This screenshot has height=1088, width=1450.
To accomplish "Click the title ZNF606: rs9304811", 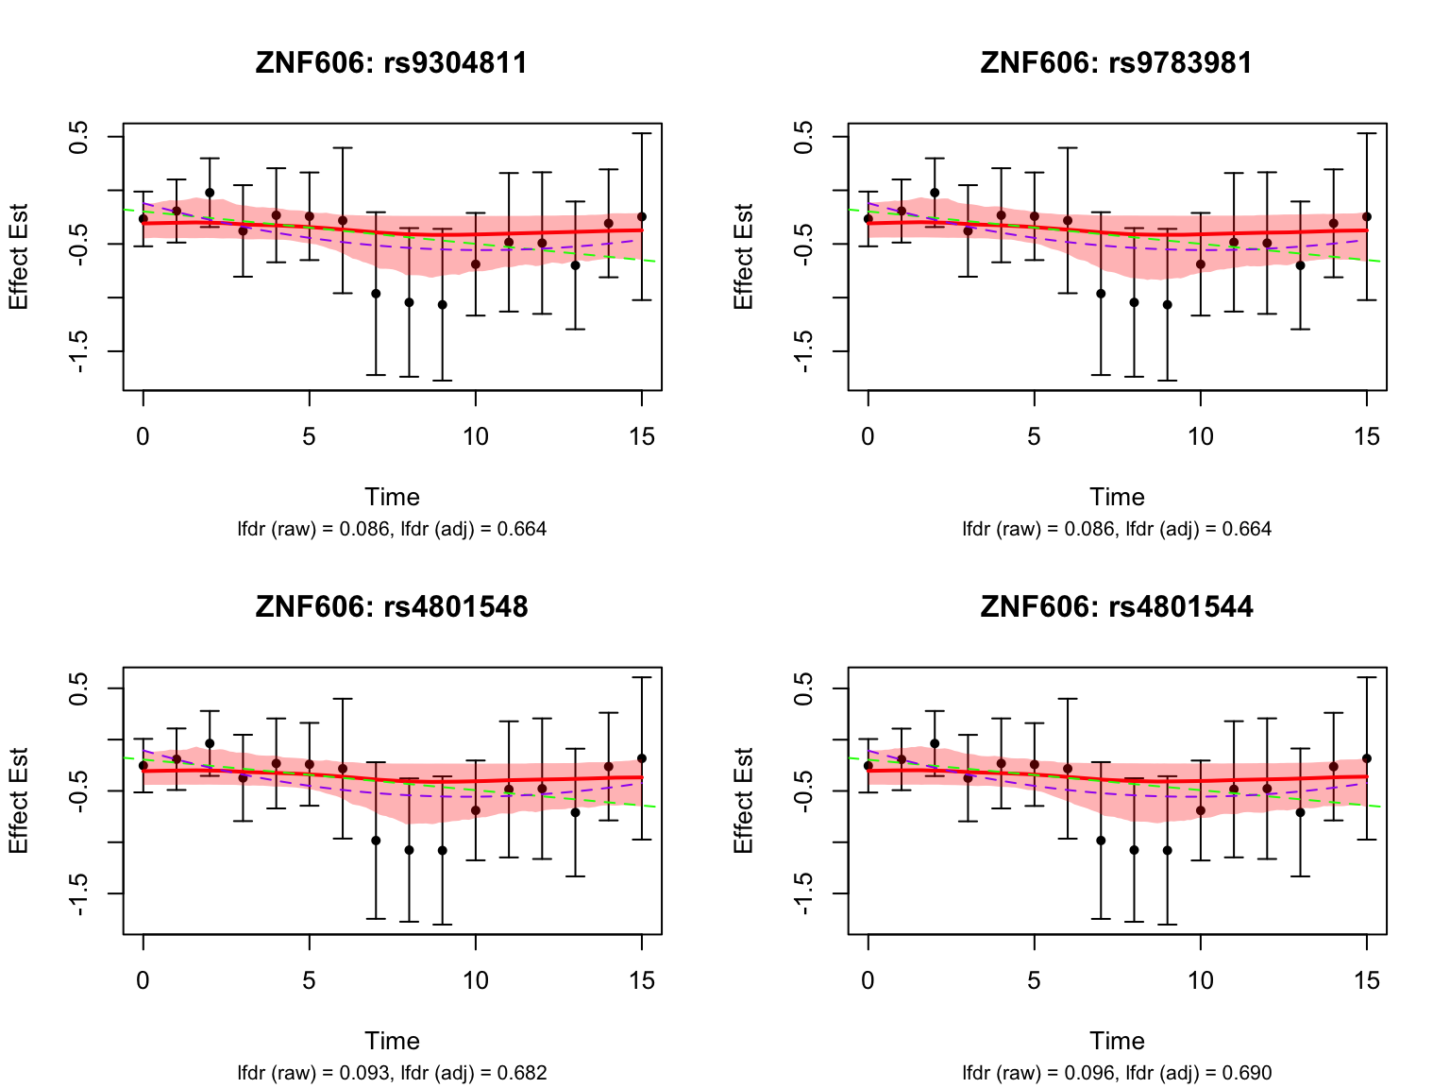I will [x=392, y=63].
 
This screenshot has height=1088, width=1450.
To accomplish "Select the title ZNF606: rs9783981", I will [x=1117, y=63].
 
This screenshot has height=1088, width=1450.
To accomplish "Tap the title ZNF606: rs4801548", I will [x=392, y=606].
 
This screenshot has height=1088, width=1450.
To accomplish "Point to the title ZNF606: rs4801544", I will [x=1117, y=606].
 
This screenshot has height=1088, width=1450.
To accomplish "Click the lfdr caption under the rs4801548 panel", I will [x=392, y=1073].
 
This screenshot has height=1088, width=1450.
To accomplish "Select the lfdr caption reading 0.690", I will [x=1117, y=1073].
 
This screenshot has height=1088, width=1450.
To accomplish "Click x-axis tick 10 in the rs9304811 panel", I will [x=475, y=436].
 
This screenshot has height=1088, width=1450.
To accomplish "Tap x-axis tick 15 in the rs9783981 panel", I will [x=1366, y=436].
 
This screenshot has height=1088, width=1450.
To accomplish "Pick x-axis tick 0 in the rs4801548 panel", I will [x=143, y=980].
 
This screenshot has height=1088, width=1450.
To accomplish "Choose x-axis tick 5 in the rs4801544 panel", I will [x=1034, y=980].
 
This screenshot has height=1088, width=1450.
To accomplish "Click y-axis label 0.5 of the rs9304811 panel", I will [x=80, y=137].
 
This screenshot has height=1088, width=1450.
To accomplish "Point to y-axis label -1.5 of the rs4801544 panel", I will [x=804, y=892].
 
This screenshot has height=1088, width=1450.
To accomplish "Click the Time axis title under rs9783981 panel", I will [x=1117, y=497].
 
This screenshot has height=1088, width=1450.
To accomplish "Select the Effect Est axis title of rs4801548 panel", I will [x=20, y=801].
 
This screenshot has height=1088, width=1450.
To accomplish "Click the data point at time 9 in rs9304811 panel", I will [x=442, y=305].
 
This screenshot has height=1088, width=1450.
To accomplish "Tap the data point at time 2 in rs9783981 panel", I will [x=935, y=193].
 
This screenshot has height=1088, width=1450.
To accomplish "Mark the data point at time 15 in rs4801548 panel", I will [x=642, y=758].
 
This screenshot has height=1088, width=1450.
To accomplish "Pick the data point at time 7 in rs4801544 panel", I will [x=1101, y=841].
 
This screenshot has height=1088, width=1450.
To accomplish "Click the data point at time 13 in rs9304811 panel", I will [x=575, y=265].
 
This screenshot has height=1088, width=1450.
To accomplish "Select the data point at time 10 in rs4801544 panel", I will [x=1200, y=810].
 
